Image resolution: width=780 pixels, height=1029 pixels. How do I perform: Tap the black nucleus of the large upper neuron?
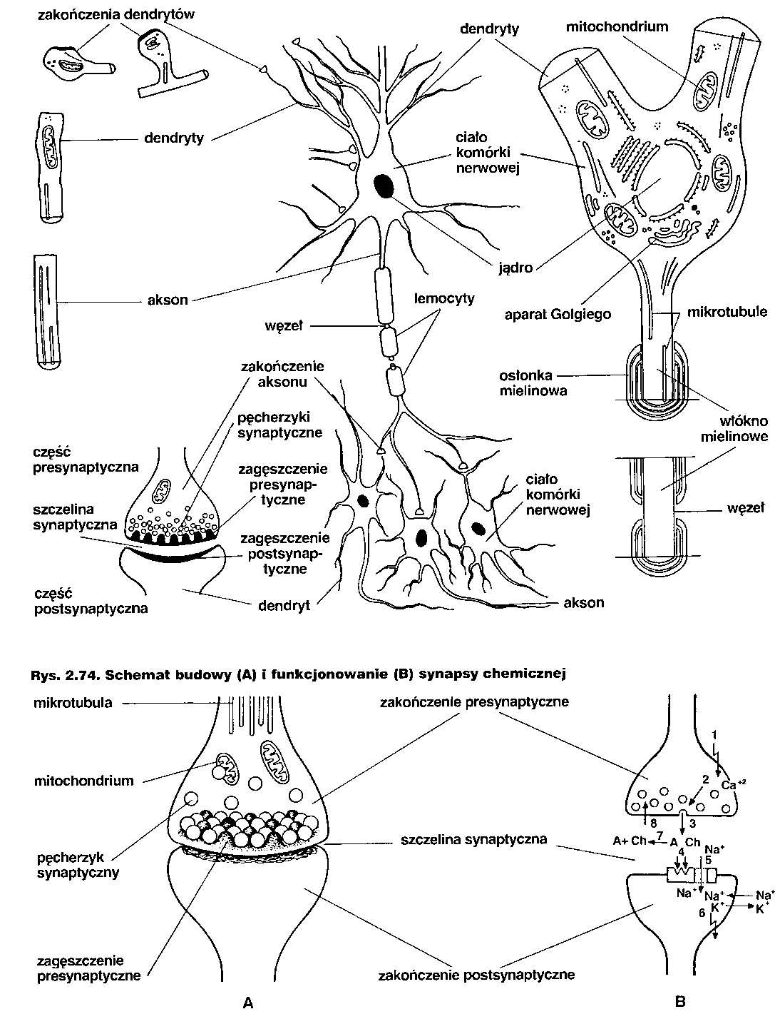384,185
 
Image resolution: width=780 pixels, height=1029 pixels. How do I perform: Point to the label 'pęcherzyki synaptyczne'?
279,424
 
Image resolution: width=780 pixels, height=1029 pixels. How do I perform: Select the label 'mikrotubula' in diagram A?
73,703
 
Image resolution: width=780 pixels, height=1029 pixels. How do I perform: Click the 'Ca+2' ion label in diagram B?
732,785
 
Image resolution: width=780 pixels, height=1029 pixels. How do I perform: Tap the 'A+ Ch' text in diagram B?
627,840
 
